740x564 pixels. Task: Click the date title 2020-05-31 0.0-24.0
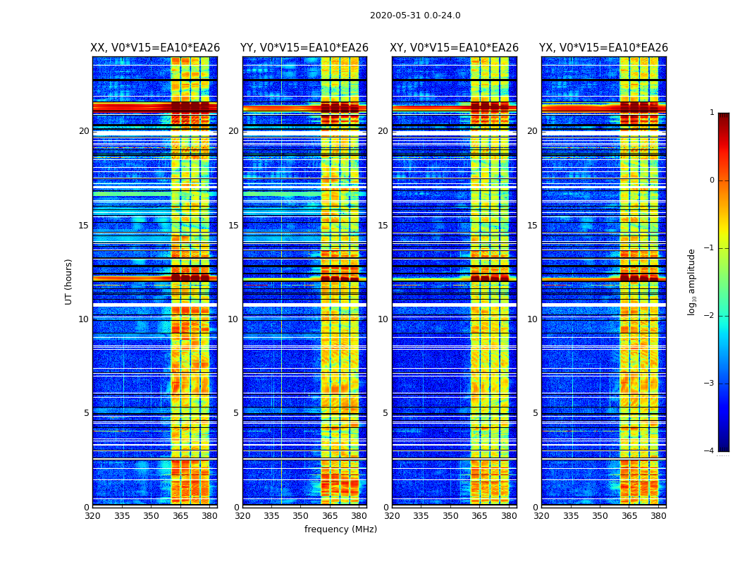(x=415, y=16)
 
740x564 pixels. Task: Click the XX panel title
(x=155, y=48)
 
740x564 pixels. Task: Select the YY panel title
(x=304, y=48)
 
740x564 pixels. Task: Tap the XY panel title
(x=455, y=48)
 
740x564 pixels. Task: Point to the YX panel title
(x=603, y=48)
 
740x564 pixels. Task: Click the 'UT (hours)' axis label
(x=69, y=281)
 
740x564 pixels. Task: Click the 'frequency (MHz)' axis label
(x=340, y=529)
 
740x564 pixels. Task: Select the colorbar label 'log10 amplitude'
(x=691, y=281)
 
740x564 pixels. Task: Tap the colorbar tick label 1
(x=711, y=113)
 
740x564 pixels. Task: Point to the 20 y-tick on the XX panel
(x=84, y=131)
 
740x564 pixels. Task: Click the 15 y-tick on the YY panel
(x=234, y=226)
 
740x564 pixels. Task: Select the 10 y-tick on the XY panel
(x=383, y=319)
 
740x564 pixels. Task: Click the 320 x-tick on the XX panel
(x=92, y=516)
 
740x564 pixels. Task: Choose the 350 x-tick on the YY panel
(x=301, y=516)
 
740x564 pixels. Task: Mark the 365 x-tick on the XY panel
(x=479, y=516)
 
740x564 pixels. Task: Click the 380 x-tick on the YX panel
(x=658, y=516)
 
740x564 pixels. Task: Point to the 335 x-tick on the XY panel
(x=421, y=516)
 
